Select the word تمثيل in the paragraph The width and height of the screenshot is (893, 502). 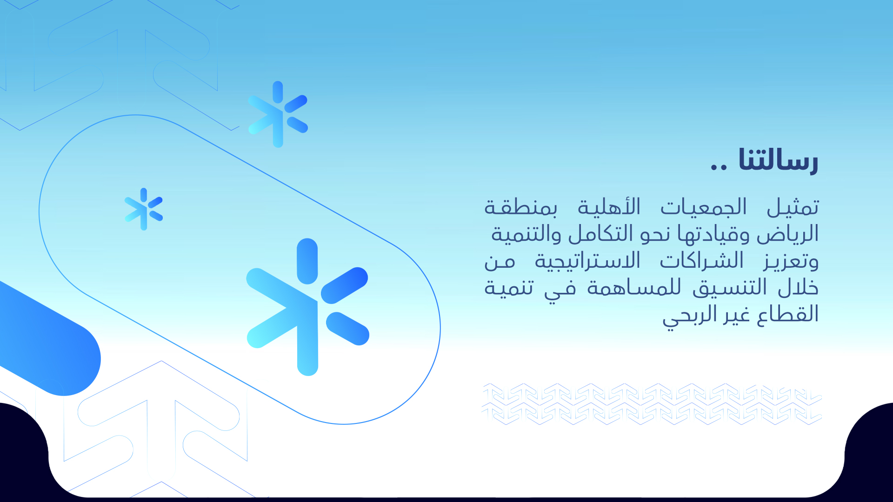point(793,207)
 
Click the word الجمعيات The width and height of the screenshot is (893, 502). point(704,207)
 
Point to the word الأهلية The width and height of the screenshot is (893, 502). point(609,207)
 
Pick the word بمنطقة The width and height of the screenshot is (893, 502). point(521,207)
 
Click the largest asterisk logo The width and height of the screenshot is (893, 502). point(307,307)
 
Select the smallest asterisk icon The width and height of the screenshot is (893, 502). point(144,209)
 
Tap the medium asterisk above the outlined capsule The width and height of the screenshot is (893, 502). point(278,114)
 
